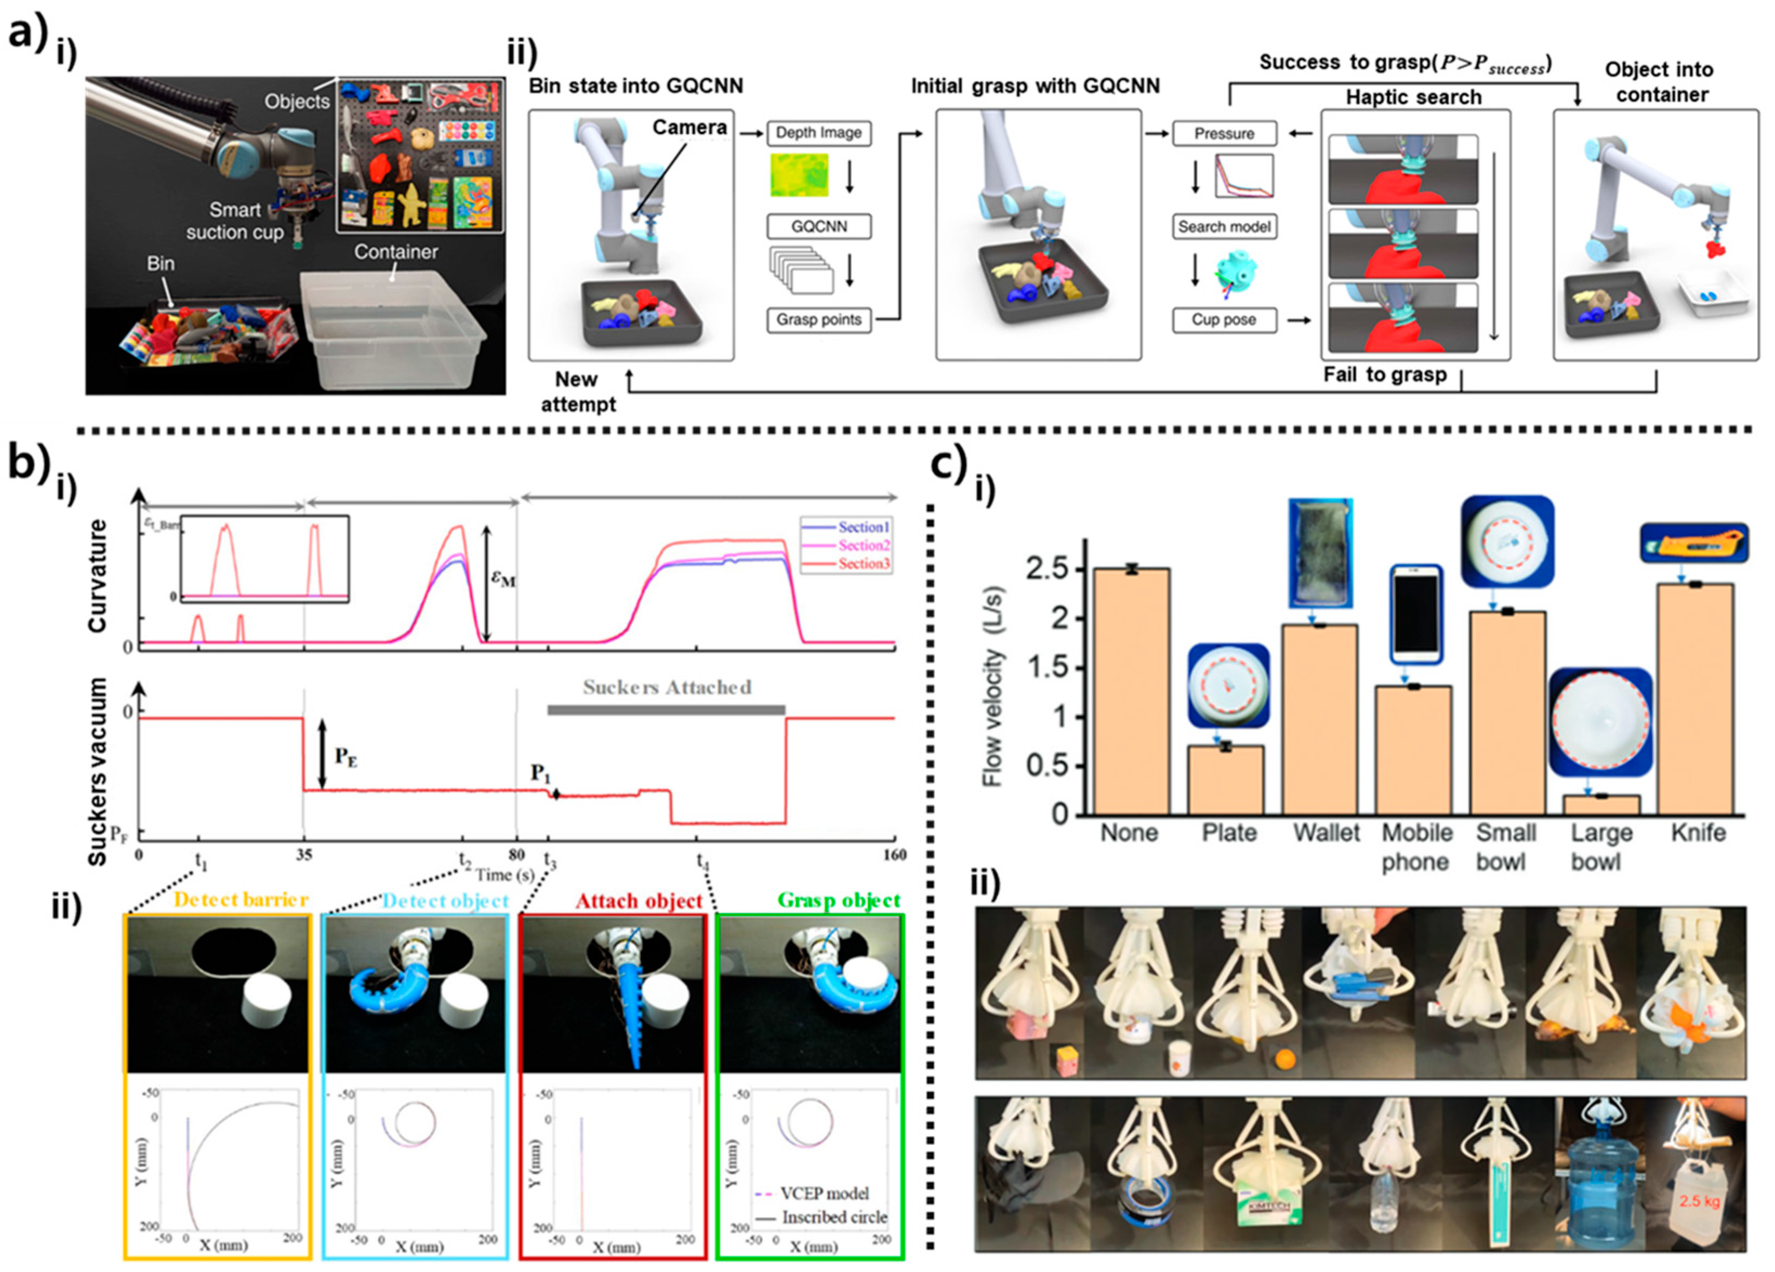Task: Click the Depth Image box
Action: click(819, 133)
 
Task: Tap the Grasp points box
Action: click(819, 319)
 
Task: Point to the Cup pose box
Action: click(1224, 319)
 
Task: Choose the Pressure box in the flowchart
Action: click(1224, 134)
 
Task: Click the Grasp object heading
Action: click(839, 900)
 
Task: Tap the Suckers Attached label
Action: click(667, 687)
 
